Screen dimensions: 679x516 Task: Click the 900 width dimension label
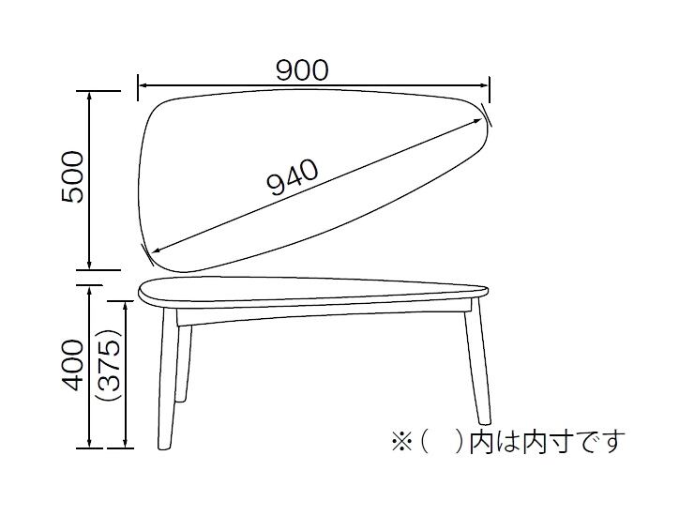[302, 70]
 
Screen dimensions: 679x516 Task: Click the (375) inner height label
[111, 366]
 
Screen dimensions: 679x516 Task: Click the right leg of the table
[475, 366]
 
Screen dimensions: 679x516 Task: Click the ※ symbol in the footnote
[399, 441]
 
